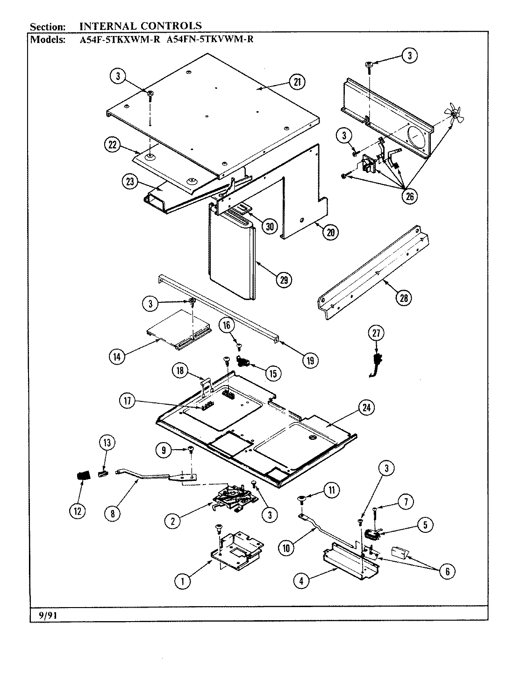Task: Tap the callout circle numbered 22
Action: [x=112, y=146]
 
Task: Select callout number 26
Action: [x=409, y=196]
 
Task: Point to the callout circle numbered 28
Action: [x=403, y=298]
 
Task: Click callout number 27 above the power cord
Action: [x=377, y=333]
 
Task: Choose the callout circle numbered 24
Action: [x=366, y=408]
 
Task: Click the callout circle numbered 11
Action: [x=332, y=490]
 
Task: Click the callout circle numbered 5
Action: [x=425, y=525]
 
